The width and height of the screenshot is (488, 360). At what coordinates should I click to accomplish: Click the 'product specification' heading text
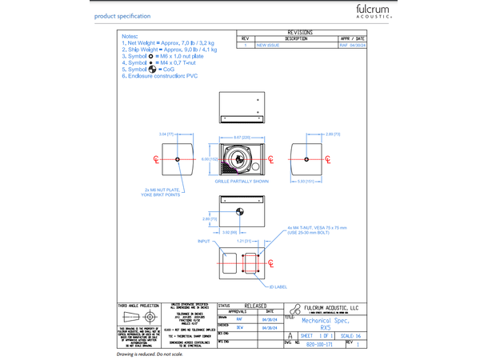(122, 16)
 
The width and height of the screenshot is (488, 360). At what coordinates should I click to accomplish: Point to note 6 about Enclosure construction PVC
(159, 75)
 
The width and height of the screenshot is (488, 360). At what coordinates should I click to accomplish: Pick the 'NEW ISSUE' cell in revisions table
(267, 46)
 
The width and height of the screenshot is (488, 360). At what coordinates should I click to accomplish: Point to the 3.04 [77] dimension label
(166, 134)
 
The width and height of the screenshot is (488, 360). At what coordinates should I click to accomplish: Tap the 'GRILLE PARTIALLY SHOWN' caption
(242, 182)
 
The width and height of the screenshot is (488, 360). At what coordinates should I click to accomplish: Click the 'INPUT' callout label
(204, 241)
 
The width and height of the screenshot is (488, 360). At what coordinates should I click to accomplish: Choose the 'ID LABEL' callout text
(277, 286)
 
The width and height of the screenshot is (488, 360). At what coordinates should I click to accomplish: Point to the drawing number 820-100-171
(320, 344)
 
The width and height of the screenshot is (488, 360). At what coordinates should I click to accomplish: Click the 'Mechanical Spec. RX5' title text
(325, 323)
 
